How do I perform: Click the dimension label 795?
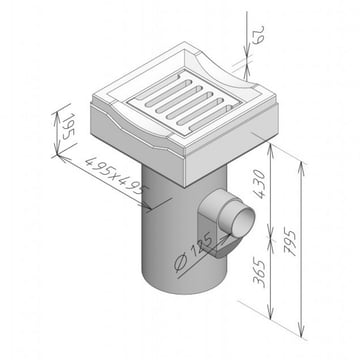291,242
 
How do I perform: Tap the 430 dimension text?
260,184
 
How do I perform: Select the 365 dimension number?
259,271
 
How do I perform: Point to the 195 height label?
69,126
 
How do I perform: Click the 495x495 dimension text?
116,176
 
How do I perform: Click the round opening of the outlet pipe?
244,222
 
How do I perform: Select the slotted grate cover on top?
184,103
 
